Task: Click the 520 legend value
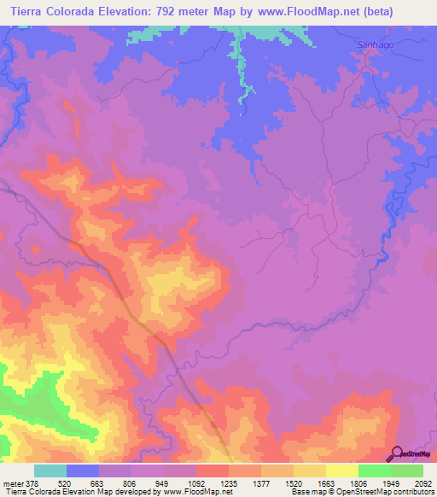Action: (x=66, y=482)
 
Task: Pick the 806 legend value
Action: (x=131, y=482)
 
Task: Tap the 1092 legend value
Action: (x=195, y=482)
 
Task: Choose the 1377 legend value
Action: (x=260, y=482)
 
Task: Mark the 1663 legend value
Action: (x=325, y=482)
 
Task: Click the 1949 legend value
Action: (x=390, y=482)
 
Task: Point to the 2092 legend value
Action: (x=422, y=482)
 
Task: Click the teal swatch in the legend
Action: (x=50, y=471)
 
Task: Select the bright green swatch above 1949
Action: (x=374, y=471)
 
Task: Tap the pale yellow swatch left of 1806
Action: (x=341, y=471)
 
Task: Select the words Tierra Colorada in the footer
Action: (x=30, y=492)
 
